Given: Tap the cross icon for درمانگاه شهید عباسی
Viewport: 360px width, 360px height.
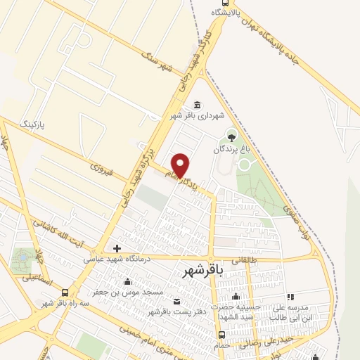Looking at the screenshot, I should (117, 248).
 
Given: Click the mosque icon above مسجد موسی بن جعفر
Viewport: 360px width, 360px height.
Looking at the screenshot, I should (127, 281).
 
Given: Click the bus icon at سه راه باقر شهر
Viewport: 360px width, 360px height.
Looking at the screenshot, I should (65, 292).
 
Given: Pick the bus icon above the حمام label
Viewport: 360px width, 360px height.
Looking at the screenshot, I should (221, 335).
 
